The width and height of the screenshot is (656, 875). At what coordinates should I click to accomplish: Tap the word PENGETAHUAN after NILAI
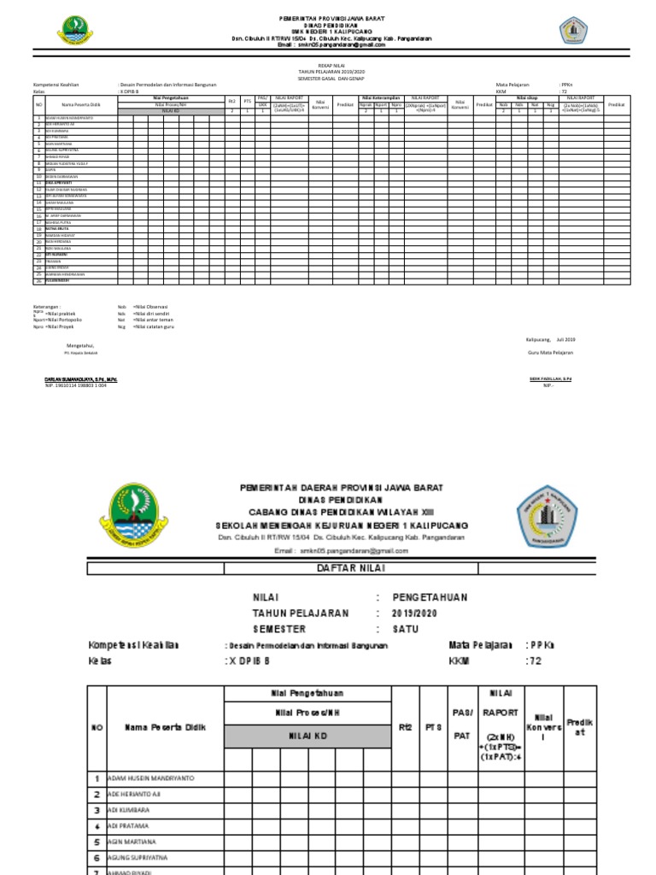(x=430, y=597)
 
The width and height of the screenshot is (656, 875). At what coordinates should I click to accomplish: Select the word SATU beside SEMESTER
(x=405, y=628)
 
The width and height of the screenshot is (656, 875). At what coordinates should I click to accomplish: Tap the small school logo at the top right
(x=572, y=31)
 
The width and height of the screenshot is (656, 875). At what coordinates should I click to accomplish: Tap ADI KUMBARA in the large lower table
(x=129, y=809)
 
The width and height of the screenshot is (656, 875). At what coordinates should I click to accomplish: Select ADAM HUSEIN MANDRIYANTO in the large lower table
(x=150, y=778)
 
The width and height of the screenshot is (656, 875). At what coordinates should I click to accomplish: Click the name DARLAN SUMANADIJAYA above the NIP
(x=80, y=379)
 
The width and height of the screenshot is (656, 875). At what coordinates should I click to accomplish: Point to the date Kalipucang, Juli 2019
(x=551, y=339)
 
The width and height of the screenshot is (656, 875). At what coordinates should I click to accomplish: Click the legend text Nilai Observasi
(x=150, y=306)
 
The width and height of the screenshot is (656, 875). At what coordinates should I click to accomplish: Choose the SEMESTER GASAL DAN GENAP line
(x=328, y=78)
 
